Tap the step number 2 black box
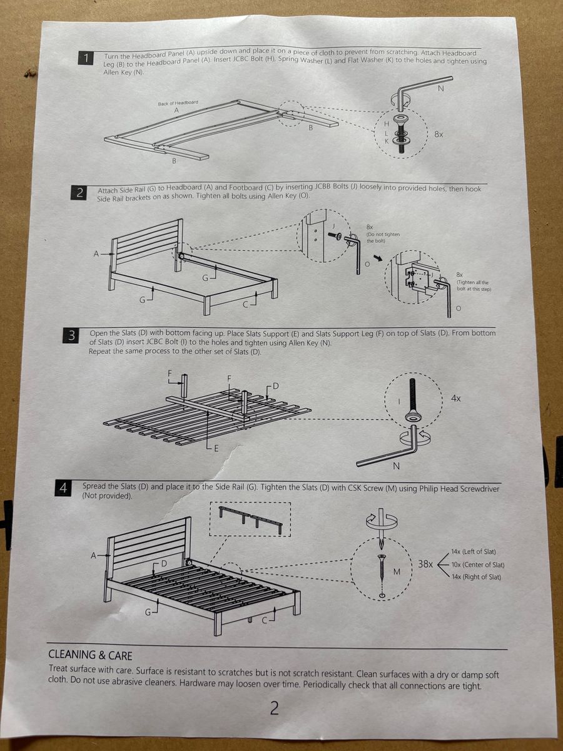pyautogui.click(x=79, y=193)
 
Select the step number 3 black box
pyautogui.click(x=71, y=335)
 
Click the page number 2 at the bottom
pyautogui.click(x=274, y=708)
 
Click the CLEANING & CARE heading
pyautogui.click(x=90, y=655)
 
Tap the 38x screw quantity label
pyautogui.click(x=425, y=565)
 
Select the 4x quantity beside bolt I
pyautogui.click(x=456, y=399)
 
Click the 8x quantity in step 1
pyautogui.click(x=439, y=135)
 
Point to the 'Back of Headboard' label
pyautogui.click(x=178, y=103)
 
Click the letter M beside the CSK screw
pyautogui.click(x=397, y=571)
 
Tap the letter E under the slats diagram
pyautogui.click(x=216, y=448)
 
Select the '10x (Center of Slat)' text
pyautogui.click(x=478, y=565)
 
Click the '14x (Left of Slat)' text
pyautogui.click(x=474, y=551)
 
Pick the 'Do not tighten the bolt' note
pyautogui.click(x=383, y=237)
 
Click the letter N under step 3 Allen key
pyautogui.click(x=396, y=466)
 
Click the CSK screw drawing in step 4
pyautogui.click(x=382, y=567)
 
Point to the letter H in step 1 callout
pyautogui.click(x=387, y=123)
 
